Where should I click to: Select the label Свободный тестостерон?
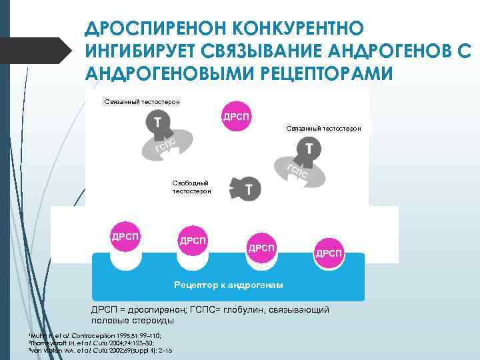(x=191, y=187)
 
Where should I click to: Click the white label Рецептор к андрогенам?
(x=228, y=285)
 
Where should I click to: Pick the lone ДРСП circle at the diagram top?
(x=237, y=117)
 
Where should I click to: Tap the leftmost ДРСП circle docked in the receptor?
(x=125, y=237)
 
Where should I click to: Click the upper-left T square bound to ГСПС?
(x=157, y=123)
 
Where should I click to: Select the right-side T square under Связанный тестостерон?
(x=308, y=149)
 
